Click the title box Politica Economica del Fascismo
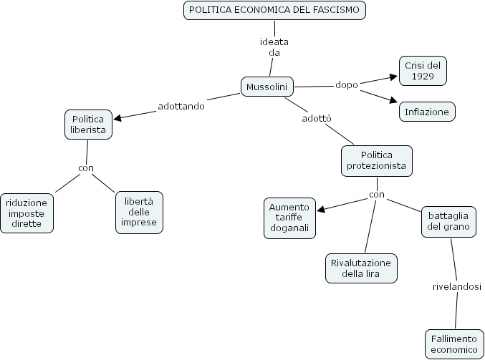pos(274,10)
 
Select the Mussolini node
pos(266,87)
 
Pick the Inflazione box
pos(427,112)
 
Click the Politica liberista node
pos(88,125)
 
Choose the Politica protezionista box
pos(377,160)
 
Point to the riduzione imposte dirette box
pos(27,213)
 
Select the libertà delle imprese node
pos(139,212)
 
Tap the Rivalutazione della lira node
pos(361,268)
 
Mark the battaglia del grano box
pos(448,220)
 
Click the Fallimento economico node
pos(453,344)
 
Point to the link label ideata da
pos(274,47)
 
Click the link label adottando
pos(181,107)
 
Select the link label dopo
pos(347,84)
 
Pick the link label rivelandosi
pos(456,287)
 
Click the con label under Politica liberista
pos(86,169)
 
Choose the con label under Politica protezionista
pos(377,194)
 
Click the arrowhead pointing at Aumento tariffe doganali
pos(320,210)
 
